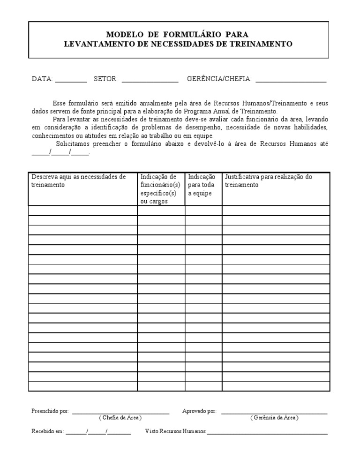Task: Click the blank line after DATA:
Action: (x=71, y=80)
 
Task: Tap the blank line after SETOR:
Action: (x=150, y=80)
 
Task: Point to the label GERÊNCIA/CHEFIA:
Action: (x=219, y=79)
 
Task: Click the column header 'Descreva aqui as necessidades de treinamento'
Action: (x=78, y=181)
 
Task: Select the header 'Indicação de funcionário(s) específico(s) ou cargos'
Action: (x=160, y=189)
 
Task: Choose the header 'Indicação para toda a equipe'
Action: (x=202, y=185)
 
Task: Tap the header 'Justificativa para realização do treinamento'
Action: (x=268, y=181)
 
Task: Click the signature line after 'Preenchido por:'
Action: (x=120, y=412)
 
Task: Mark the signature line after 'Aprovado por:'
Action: (x=274, y=412)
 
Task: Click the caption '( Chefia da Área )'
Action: (x=120, y=418)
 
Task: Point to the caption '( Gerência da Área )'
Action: (x=274, y=418)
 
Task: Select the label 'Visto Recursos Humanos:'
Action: (x=176, y=431)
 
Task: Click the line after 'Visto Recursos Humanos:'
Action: (x=267, y=432)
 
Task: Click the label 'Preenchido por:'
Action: (x=50, y=411)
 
